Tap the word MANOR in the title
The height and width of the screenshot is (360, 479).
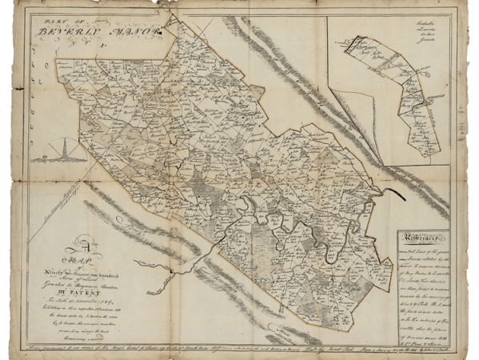coord(142,33)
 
